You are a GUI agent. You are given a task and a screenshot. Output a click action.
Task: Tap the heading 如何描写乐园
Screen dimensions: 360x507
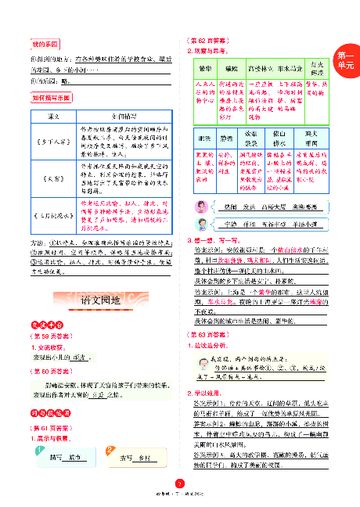52,97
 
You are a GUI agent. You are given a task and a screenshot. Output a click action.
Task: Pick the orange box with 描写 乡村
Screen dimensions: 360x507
135,458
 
